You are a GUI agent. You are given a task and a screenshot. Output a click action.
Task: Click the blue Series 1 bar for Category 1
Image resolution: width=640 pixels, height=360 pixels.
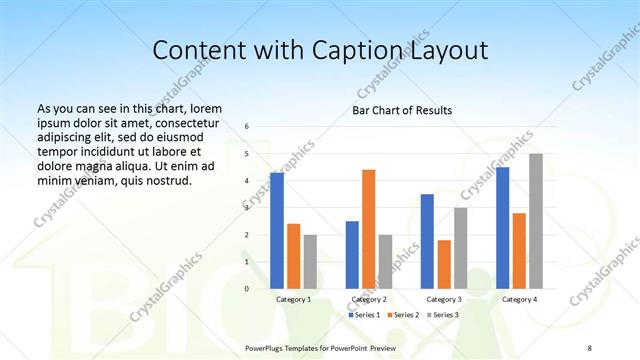click(x=277, y=230)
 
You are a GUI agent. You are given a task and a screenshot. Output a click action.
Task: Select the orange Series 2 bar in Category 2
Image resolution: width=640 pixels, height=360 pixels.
click(x=368, y=229)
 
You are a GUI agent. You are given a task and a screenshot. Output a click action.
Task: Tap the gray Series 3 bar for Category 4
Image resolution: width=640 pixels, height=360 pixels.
click(x=536, y=221)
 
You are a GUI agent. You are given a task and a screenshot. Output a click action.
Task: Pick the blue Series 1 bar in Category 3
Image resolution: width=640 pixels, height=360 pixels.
click(x=427, y=241)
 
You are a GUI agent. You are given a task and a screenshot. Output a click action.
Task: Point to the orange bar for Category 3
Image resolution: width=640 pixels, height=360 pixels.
click(x=443, y=264)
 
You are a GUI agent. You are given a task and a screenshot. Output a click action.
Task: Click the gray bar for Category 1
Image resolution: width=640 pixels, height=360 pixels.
click(x=310, y=261)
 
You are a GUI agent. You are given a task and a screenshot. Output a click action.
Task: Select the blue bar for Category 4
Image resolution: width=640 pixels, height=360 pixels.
click(x=503, y=227)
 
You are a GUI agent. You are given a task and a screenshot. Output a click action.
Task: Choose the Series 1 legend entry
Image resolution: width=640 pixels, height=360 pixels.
click(x=364, y=315)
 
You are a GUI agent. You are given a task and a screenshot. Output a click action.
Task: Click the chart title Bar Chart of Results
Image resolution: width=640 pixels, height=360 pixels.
click(x=402, y=110)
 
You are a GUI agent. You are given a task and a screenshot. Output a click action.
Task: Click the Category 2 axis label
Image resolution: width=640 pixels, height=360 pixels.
click(x=369, y=299)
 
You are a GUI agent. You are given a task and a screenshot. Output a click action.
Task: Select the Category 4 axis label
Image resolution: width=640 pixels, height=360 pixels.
click(x=519, y=299)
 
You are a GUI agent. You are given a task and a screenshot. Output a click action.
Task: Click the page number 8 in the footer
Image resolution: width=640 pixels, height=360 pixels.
click(x=589, y=347)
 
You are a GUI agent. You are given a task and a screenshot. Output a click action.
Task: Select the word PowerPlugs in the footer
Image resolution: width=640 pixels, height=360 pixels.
click(x=268, y=347)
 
